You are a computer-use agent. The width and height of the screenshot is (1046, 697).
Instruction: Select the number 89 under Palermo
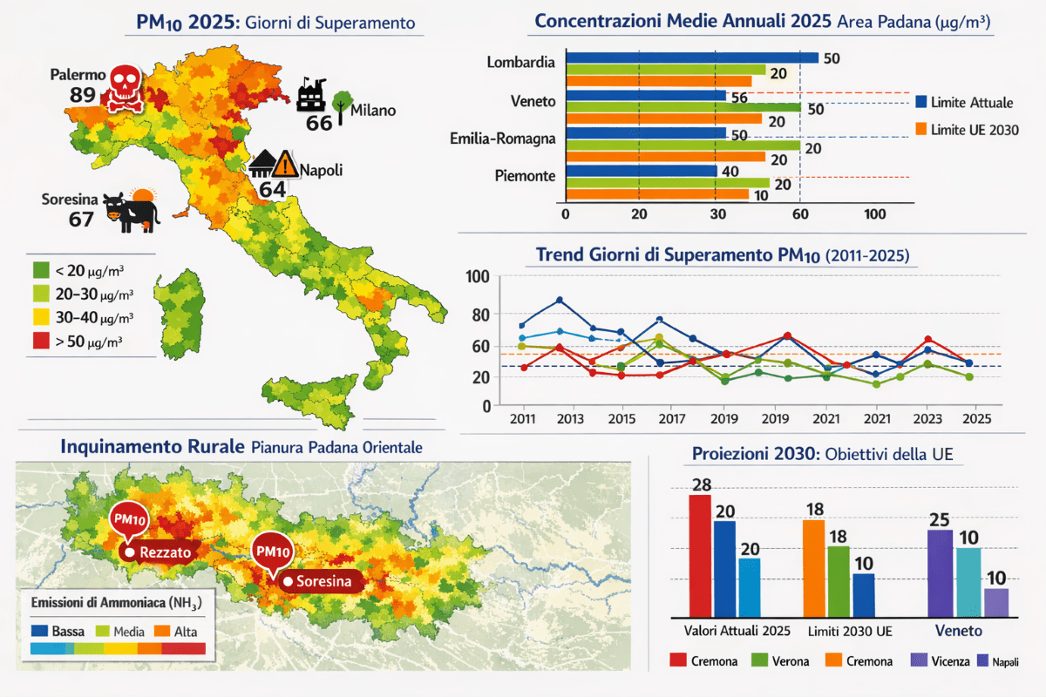pos(82,94)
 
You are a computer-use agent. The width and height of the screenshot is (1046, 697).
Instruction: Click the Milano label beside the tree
pos(373,111)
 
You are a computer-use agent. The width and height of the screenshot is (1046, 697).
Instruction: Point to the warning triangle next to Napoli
pos(285,164)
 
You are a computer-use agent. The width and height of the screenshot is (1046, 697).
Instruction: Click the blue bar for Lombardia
pos(693,58)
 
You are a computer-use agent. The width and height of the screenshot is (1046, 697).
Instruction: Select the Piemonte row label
pos(524,176)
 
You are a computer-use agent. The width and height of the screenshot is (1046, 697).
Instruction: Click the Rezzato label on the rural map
pos(164,552)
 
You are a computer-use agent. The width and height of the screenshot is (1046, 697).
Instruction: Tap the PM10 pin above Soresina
pos(272,551)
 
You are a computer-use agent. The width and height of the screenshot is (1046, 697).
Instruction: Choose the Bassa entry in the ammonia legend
pos(66,629)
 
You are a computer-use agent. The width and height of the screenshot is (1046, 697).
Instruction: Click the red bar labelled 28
pos(699,555)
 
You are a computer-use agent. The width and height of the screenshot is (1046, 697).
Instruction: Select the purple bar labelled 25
pos(940,572)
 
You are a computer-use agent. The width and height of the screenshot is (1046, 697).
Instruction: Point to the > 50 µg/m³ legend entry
pos(84,342)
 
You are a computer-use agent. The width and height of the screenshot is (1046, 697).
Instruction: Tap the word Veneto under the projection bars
pos(959,630)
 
